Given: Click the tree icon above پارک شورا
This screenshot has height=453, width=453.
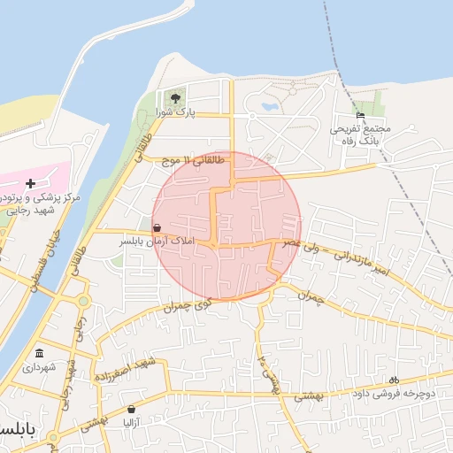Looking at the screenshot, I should (174, 96).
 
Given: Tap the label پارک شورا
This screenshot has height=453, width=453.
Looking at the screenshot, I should (174, 112).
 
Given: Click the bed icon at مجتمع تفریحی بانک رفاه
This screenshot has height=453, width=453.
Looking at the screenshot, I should (359, 115).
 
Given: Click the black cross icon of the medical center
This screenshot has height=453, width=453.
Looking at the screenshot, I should (30, 182).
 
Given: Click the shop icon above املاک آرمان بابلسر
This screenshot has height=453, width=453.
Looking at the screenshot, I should (157, 226).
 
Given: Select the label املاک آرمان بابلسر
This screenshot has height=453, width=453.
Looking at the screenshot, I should (157, 241).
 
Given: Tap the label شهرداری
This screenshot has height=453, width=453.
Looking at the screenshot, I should (39, 366).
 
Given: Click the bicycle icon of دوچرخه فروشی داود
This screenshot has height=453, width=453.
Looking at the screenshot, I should (393, 379).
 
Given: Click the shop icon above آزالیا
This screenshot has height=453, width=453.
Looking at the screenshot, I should (132, 410).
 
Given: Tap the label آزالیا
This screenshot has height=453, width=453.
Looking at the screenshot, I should (132, 424).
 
